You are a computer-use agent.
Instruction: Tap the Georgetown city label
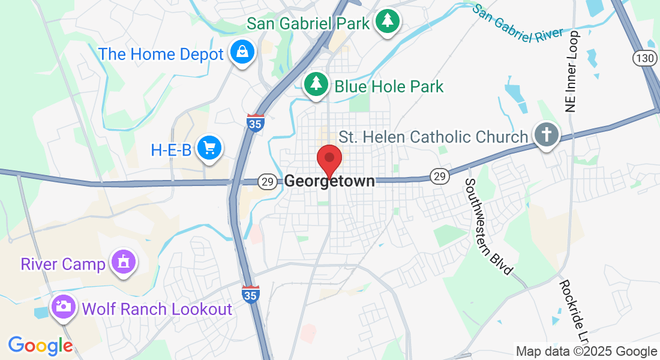(329, 181)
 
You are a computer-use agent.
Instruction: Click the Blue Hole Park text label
(389, 86)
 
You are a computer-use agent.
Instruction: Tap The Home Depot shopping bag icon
(242, 53)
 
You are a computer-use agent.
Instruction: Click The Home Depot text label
(161, 54)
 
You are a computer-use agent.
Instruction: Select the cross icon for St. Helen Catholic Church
(546, 135)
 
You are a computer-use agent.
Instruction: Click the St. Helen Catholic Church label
(433, 137)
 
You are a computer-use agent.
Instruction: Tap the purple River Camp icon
(124, 263)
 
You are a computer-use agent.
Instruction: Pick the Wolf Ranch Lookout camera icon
(64, 307)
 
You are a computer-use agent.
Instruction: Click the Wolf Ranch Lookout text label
(157, 309)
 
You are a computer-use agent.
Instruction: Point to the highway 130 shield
(644, 58)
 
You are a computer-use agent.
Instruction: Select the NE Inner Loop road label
(571, 71)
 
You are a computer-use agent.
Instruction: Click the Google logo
(40, 346)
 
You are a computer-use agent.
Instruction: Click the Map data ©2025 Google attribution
(587, 352)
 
